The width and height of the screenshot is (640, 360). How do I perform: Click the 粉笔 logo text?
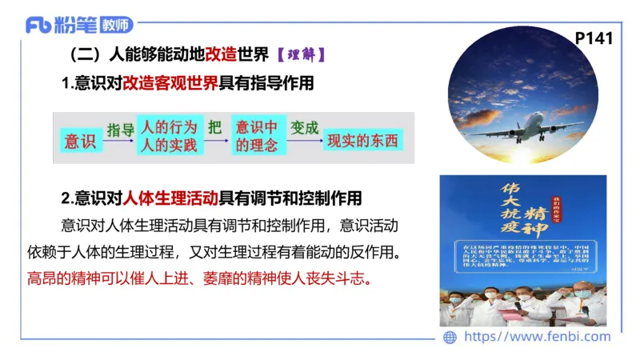76,26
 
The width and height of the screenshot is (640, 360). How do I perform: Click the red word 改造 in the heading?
222,56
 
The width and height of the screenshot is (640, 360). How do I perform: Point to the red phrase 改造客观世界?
170,83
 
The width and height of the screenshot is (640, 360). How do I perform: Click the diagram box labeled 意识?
80,141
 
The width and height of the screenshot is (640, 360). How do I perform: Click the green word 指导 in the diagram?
120,129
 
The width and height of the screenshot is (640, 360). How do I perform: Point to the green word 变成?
304,128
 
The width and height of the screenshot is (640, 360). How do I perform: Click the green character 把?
214,128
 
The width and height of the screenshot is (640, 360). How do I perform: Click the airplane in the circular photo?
528,126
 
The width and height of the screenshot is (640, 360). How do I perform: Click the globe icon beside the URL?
450,337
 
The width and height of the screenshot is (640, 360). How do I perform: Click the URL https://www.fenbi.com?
538,337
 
